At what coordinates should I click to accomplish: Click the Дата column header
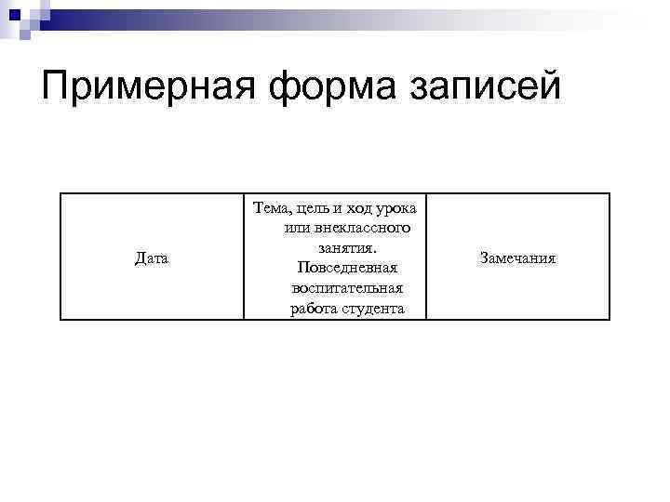tap(152, 258)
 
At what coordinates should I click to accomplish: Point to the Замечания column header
tap(517, 258)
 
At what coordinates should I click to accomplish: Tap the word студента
tap(372, 309)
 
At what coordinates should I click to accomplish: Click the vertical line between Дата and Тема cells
tap(244, 256)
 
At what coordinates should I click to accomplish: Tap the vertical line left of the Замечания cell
tap(426, 256)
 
